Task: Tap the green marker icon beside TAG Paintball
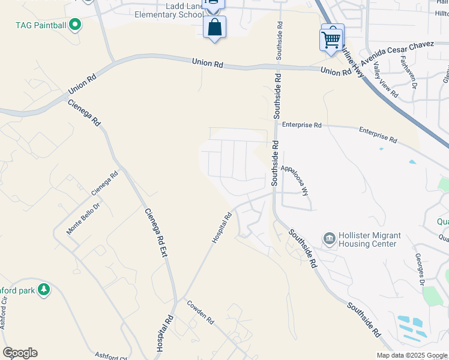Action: click(75, 25)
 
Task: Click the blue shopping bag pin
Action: click(215, 27)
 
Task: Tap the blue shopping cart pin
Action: click(331, 40)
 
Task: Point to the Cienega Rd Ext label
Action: click(155, 233)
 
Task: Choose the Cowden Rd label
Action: click(200, 312)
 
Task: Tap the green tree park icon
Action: click(43, 290)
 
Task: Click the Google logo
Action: click(20, 353)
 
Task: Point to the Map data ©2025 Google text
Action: click(411, 355)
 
